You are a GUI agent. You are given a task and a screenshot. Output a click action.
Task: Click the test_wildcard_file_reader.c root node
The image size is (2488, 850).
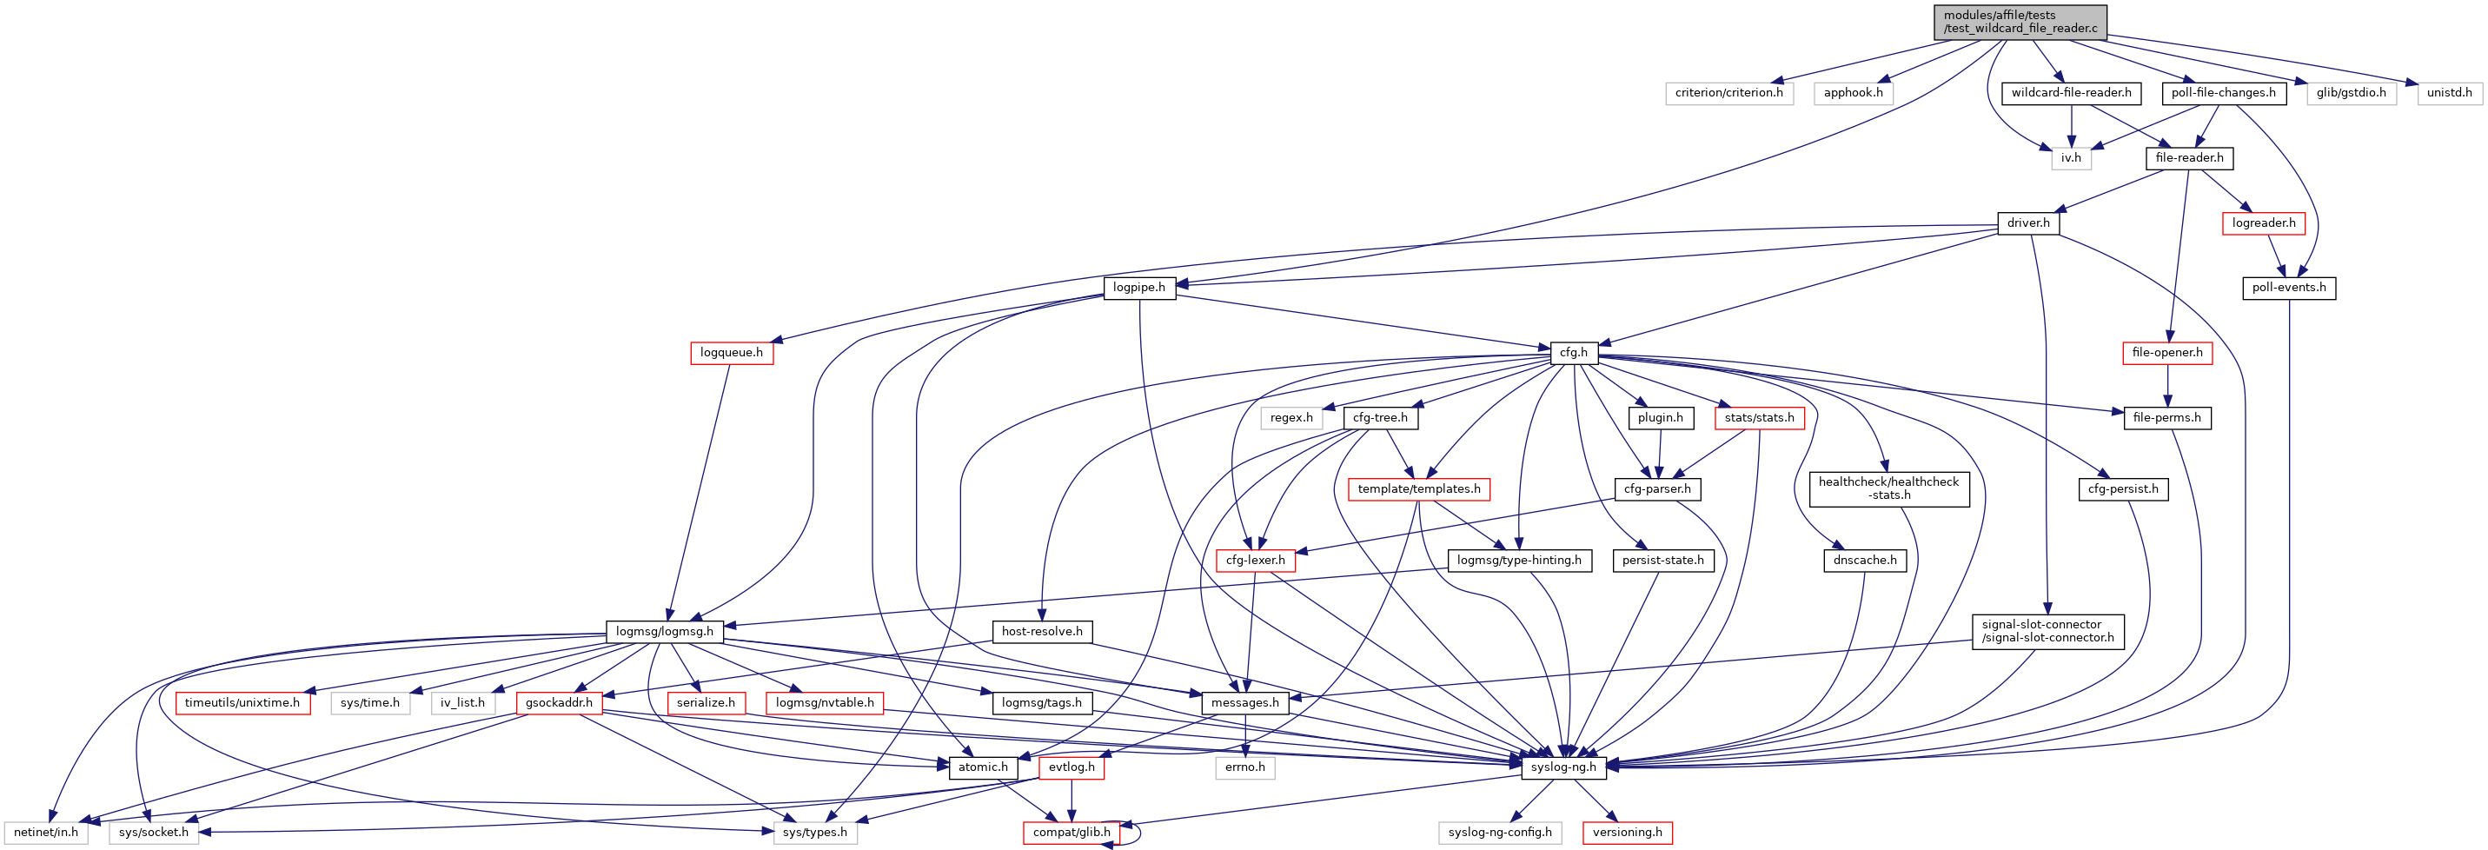coord(2020,21)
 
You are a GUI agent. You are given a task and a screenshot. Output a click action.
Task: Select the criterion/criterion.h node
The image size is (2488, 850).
coord(1728,93)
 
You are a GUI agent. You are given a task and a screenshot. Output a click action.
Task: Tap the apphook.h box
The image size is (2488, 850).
coord(1853,93)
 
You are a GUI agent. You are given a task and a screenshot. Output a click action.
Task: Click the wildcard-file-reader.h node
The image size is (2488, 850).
coord(2071,93)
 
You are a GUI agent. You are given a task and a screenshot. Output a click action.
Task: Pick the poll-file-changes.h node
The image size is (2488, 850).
coord(2223,93)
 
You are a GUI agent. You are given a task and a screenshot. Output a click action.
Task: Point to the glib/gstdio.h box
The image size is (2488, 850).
coord(2351,93)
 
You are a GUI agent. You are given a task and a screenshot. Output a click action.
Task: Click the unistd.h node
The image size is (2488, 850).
coord(2450,93)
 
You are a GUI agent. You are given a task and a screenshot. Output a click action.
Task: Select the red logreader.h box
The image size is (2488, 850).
coord(2263,223)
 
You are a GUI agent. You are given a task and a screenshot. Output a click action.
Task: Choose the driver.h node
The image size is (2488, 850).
coord(2028,223)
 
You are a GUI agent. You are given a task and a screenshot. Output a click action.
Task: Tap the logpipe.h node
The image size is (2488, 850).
coord(1138,288)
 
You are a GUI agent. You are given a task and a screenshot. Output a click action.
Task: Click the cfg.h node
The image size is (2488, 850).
coord(1573,353)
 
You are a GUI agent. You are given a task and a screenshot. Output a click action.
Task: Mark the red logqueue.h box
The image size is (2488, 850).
coord(731,353)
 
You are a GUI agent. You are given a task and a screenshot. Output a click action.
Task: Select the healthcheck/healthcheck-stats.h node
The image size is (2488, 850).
coord(1888,488)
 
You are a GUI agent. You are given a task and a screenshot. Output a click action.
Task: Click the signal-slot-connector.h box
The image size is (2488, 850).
coord(2047,632)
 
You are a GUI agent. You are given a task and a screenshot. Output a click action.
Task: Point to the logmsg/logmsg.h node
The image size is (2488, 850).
coord(665,632)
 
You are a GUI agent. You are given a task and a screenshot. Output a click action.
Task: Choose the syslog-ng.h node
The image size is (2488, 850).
coord(1562,767)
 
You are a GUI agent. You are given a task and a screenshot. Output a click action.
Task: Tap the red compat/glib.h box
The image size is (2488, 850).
coord(1071,833)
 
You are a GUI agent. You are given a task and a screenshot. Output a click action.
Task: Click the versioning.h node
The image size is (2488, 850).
coord(1628,833)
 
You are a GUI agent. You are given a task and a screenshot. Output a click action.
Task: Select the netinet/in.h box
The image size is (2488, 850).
coord(45,833)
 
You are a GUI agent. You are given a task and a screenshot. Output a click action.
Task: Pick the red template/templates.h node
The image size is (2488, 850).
coord(1419,489)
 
